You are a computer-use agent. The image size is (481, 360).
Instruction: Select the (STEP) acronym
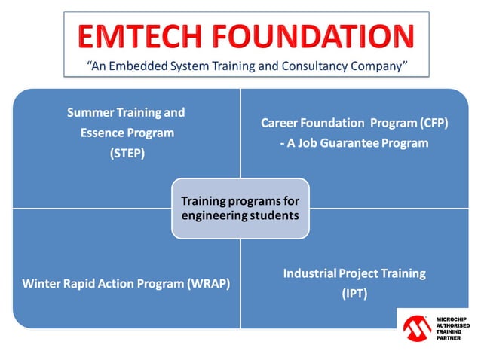click(126, 153)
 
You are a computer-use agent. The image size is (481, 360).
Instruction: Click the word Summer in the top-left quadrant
click(91, 113)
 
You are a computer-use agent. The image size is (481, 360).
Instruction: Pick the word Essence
click(103, 133)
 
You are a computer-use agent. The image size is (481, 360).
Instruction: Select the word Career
click(280, 122)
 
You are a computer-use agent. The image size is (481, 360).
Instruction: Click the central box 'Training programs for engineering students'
click(240, 209)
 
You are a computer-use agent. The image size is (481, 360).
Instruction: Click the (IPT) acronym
click(354, 294)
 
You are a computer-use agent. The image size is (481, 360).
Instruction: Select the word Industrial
click(310, 273)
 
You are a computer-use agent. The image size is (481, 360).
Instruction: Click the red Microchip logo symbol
click(418, 329)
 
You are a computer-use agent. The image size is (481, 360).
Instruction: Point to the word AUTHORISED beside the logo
click(452, 326)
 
